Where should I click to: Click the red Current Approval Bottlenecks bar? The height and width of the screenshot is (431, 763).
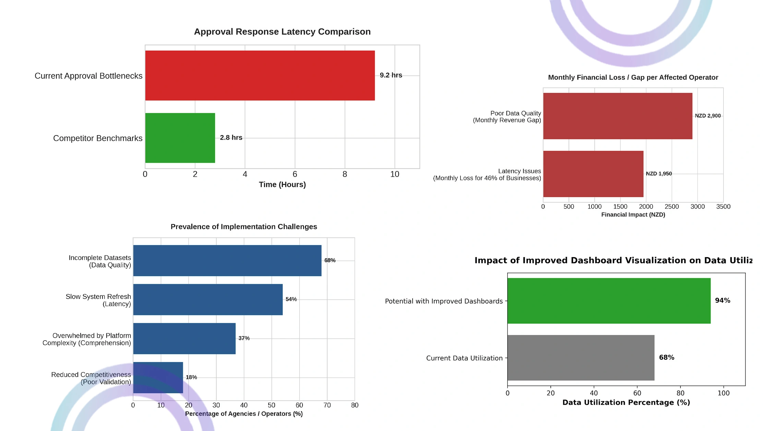(x=260, y=75)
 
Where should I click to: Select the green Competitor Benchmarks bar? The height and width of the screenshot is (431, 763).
(x=180, y=138)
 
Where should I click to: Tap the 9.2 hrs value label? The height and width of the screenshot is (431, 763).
(x=391, y=75)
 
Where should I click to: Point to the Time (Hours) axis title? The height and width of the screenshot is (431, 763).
(x=282, y=184)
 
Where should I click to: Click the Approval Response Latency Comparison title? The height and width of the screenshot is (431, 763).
(x=282, y=32)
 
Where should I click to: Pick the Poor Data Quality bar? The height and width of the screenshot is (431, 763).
(x=618, y=116)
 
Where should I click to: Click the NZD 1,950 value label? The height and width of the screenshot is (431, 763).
(x=659, y=173)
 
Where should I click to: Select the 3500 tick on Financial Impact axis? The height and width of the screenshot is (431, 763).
(x=723, y=206)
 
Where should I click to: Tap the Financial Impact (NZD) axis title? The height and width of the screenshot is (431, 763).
(x=633, y=215)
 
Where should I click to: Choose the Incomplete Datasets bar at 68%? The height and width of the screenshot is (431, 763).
(x=227, y=261)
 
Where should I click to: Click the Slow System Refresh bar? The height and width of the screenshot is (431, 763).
(x=208, y=299)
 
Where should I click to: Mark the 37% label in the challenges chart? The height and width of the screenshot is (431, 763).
(x=244, y=338)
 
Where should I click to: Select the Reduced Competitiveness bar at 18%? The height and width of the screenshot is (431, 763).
(x=158, y=378)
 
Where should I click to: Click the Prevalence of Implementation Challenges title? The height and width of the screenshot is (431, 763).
(x=244, y=227)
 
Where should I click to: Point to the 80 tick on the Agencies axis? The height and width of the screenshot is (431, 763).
(x=355, y=405)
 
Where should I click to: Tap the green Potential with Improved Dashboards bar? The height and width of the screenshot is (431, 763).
(x=609, y=301)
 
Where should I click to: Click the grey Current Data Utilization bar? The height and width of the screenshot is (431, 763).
(x=581, y=358)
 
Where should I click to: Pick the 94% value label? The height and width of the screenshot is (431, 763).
(x=723, y=300)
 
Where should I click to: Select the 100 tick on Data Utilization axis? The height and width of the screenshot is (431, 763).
(x=724, y=393)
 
